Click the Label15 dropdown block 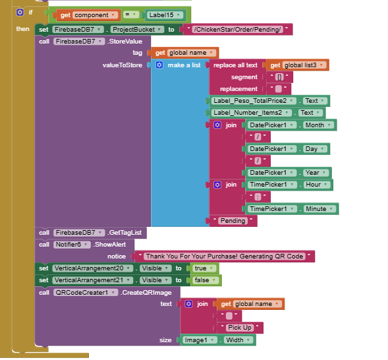[x=165, y=15]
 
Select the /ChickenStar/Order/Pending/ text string [x=238, y=30]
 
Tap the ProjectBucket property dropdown [x=137, y=30]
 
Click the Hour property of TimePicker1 [x=317, y=185]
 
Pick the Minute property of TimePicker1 [x=319, y=209]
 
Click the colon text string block [x=258, y=197]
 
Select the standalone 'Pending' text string [x=233, y=221]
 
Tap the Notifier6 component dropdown [x=72, y=245]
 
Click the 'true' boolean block [x=204, y=268]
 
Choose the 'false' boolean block [x=205, y=280]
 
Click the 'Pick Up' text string [x=240, y=328]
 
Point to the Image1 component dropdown [x=200, y=340]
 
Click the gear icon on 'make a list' [x=159, y=65]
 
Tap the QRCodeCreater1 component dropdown [x=86, y=293]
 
